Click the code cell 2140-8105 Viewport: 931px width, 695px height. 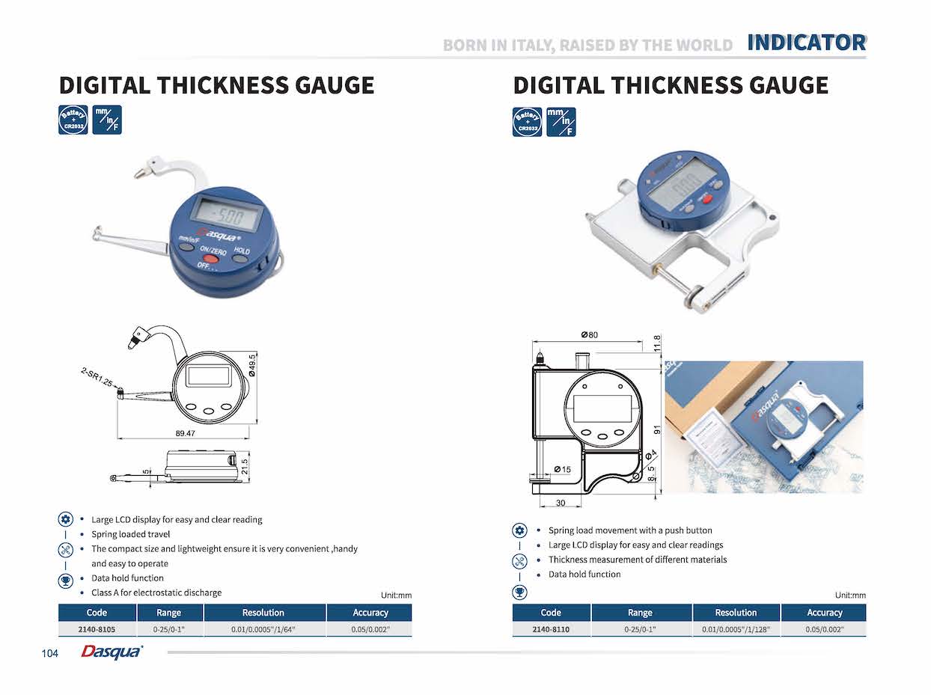(x=97, y=629)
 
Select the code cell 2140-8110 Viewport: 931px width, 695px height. (x=551, y=629)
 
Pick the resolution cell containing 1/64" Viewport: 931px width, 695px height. (x=263, y=629)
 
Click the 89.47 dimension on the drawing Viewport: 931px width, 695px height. (x=186, y=433)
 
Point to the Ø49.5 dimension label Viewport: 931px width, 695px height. (x=253, y=365)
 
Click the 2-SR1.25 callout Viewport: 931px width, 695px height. (x=97, y=376)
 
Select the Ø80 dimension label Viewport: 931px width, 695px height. (x=589, y=334)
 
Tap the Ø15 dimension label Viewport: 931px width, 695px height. (x=562, y=469)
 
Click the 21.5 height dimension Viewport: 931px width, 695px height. (x=243, y=466)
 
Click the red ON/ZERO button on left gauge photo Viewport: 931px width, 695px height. (x=212, y=259)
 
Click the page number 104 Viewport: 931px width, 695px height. (x=50, y=654)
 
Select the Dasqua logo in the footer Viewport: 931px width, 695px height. (x=112, y=652)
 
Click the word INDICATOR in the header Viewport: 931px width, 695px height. (x=806, y=43)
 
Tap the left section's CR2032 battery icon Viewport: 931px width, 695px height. (x=73, y=120)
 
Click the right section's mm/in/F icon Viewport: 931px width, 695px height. (x=561, y=122)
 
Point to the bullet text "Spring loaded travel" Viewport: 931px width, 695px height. (x=131, y=534)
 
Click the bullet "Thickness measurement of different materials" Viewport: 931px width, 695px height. (x=638, y=560)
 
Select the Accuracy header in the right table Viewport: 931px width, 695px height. (x=824, y=613)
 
